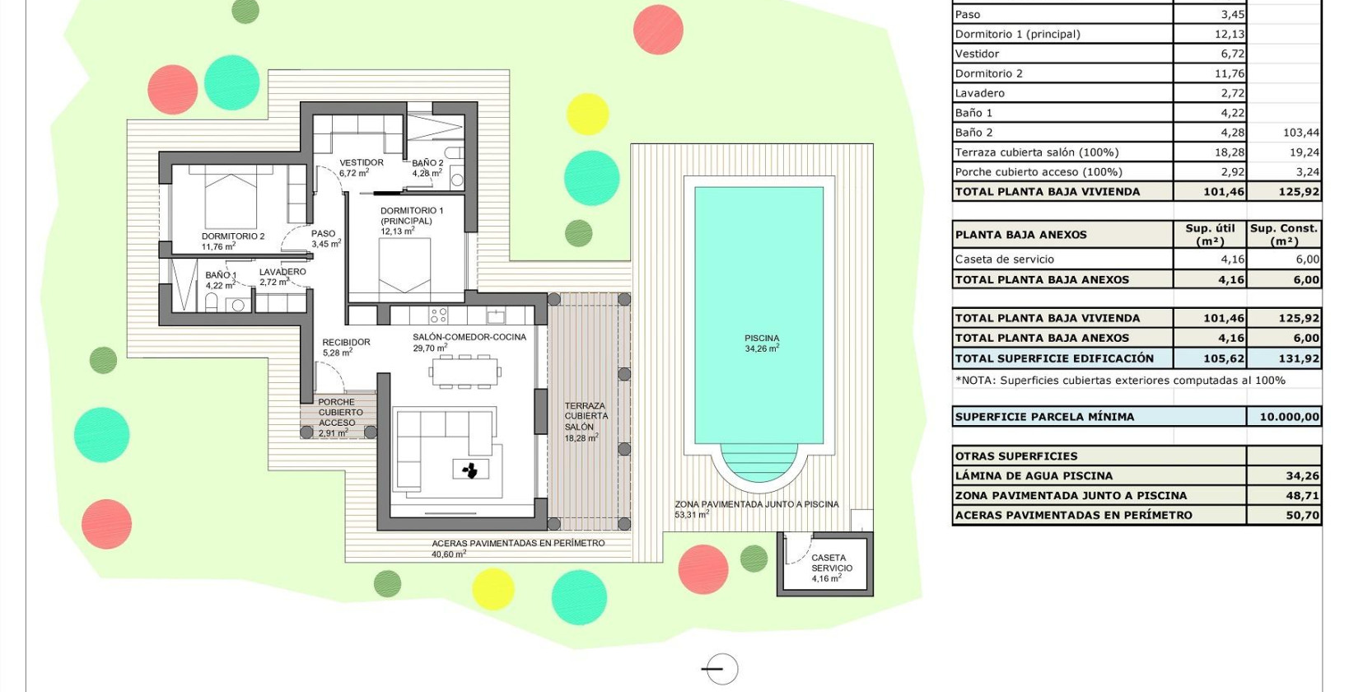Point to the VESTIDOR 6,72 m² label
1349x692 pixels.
tap(361, 167)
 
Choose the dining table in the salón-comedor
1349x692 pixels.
tap(464, 372)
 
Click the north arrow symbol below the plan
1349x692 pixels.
tap(721, 669)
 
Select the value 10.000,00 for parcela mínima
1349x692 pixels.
tap(1289, 417)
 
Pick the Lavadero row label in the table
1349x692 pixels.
tap(980, 93)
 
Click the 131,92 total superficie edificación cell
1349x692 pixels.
tap(1299, 358)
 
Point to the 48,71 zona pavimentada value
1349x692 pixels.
tap(1302, 496)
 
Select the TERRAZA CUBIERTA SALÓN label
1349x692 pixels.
tap(586, 421)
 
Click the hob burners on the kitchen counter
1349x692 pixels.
tap(438, 315)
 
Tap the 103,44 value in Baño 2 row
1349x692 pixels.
tap(1300, 133)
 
